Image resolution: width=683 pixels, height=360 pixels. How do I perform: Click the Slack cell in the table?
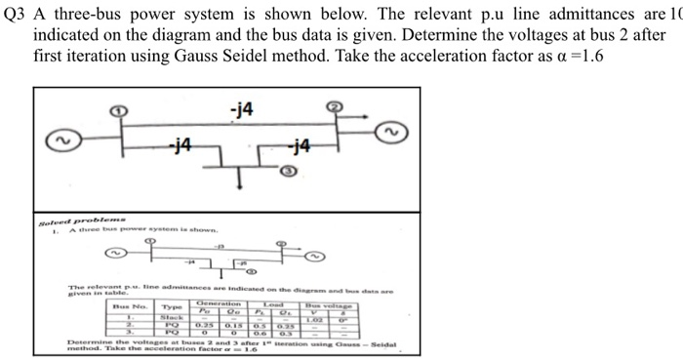pyautogui.click(x=172, y=316)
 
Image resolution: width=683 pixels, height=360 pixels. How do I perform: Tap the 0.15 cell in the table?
pyautogui.click(x=234, y=324)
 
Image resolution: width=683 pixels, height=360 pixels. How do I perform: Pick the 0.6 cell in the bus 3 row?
pyautogui.click(x=262, y=333)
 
